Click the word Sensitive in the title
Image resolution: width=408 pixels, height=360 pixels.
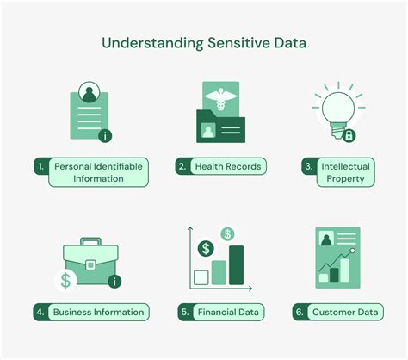238,43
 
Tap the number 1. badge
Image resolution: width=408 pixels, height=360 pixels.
41,166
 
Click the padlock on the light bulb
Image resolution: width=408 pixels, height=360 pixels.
349,135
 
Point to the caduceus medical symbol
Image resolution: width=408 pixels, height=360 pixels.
220,99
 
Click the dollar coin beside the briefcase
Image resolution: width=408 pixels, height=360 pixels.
65,281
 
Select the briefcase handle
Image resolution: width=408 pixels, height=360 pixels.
90,241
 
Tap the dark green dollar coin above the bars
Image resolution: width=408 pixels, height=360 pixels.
206,249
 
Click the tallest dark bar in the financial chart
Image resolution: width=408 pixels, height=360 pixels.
237,265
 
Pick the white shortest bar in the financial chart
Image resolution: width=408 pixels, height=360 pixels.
201,277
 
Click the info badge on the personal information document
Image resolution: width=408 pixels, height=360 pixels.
105,135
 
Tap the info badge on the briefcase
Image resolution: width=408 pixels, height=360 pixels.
114,282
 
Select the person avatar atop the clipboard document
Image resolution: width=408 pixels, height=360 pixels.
90,92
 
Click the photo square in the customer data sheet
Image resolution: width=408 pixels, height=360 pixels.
326,239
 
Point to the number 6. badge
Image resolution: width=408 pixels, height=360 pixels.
300,312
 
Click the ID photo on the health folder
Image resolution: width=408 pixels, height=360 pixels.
208,130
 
